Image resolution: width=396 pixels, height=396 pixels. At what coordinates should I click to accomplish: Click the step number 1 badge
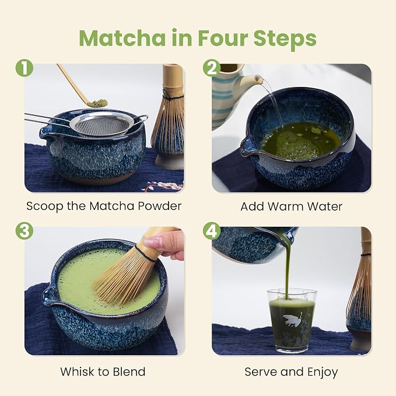(x=24, y=68)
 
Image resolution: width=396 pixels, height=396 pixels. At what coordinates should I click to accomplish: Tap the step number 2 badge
(x=212, y=68)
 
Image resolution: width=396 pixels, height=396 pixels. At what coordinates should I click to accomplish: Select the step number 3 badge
(x=24, y=230)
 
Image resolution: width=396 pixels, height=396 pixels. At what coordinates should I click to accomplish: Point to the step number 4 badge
(x=212, y=230)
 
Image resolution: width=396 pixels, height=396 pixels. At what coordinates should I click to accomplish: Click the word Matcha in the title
(x=122, y=38)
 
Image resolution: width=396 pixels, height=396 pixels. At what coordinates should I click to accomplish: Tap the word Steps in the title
(x=285, y=38)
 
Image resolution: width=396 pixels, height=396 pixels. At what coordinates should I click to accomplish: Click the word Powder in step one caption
(x=160, y=206)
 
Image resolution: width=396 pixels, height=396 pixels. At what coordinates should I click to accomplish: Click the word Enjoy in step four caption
(x=323, y=372)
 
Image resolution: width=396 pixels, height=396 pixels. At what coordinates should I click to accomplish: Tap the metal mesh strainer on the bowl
(x=102, y=124)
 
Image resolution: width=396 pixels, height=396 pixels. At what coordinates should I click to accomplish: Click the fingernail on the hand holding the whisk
(x=152, y=241)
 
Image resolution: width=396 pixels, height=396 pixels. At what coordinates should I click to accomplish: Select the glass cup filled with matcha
(x=292, y=320)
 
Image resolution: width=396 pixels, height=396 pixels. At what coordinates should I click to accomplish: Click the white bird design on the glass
(x=292, y=319)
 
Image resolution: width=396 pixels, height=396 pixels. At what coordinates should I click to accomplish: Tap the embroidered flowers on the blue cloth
(x=162, y=187)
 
